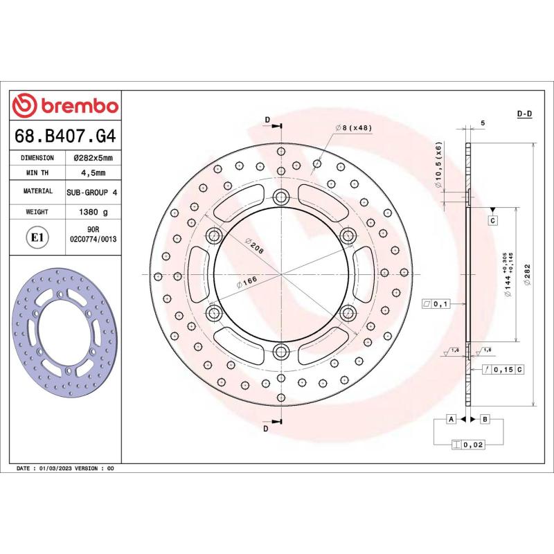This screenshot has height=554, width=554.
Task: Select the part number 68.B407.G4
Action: (65, 136)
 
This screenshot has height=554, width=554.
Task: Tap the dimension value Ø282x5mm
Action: (93, 158)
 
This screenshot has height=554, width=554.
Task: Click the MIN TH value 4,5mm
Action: (93, 172)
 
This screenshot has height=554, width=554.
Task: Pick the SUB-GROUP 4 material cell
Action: (93, 190)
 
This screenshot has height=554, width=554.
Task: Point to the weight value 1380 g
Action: (93, 212)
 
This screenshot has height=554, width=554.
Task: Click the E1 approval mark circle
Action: (37, 238)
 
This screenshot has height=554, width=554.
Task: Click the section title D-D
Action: (524, 114)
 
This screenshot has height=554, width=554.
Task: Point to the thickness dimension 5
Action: (482, 123)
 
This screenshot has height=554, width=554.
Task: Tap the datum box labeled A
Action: (451, 420)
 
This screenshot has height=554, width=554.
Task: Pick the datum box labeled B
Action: (485, 420)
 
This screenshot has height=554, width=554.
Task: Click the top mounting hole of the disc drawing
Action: (280, 195)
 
